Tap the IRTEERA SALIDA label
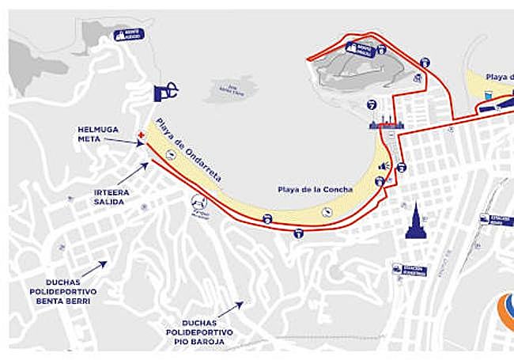pyautogui.click(x=110, y=196)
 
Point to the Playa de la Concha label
pyautogui.click(x=308, y=190)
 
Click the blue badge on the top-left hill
pyautogui.click(x=129, y=34)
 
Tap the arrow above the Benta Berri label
pyautogui.click(x=93, y=270)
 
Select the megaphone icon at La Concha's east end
pyautogui.click(x=384, y=166)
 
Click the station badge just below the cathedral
pyautogui.click(x=409, y=271)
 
